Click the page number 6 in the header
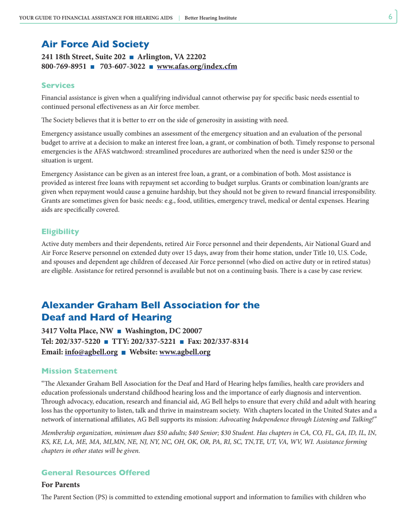pos(390,17)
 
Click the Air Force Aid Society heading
pos(95,44)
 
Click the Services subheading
pos(58,86)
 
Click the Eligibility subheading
pos(60,232)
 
